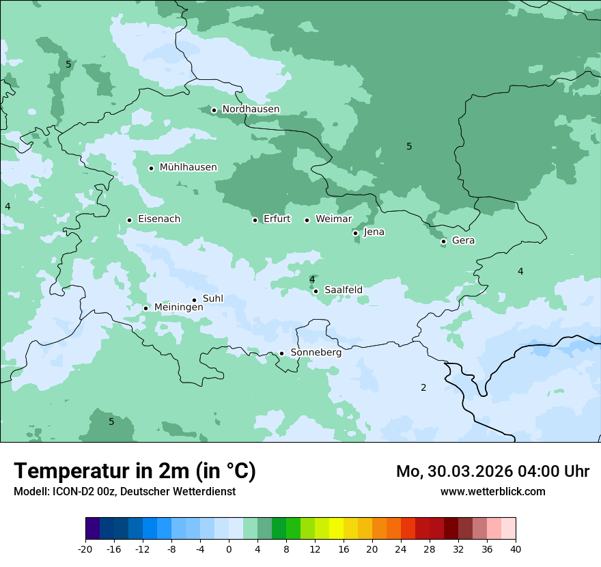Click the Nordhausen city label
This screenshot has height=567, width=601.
[x=251, y=109]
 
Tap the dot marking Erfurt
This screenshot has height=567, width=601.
[x=255, y=220]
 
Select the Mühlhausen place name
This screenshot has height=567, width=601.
[x=188, y=167]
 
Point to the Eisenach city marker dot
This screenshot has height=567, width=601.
[x=129, y=220]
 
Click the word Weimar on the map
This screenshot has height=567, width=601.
[x=333, y=219]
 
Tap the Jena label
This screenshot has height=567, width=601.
[x=374, y=232]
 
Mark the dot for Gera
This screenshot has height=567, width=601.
[x=443, y=241]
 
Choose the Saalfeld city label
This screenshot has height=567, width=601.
[x=343, y=290]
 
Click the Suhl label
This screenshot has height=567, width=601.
[x=212, y=299]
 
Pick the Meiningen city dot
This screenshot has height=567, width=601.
[x=145, y=308]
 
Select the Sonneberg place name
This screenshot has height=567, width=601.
[x=316, y=352]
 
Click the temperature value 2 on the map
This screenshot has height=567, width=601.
[x=423, y=388]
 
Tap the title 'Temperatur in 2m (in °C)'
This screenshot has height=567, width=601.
[x=135, y=471]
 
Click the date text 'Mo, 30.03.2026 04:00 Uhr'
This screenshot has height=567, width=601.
[x=492, y=471]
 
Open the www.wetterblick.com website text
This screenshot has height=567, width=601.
[x=492, y=492]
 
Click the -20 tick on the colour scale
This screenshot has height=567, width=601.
[x=85, y=549]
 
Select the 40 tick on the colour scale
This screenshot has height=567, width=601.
[x=516, y=549]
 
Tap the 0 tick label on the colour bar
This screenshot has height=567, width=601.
[x=229, y=549]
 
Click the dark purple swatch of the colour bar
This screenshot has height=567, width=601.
[x=92, y=529]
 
